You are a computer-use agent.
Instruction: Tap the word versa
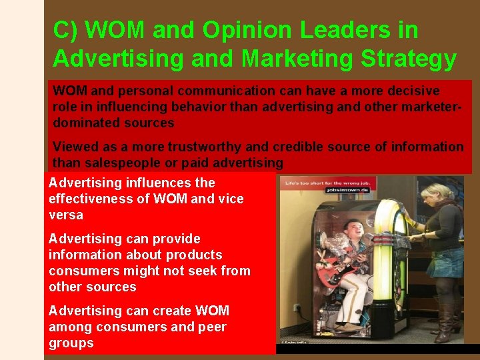point(65,215)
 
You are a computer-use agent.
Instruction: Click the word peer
point(213,327)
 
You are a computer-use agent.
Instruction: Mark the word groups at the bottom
point(71,343)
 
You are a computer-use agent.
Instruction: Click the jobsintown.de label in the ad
point(349,190)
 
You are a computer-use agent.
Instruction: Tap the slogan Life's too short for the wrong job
point(327,181)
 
